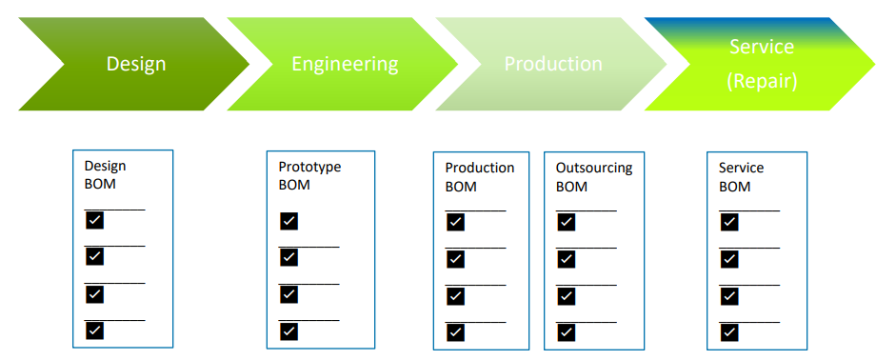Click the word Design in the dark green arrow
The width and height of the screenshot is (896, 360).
[136, 64]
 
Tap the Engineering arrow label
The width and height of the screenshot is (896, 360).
[345, 64]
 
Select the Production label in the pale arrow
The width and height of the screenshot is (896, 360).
[553, 64]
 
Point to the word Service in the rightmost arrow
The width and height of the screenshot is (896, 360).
[762, 47]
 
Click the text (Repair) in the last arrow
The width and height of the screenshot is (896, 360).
[762, 81]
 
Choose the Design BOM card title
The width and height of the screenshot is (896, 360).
[105, 175]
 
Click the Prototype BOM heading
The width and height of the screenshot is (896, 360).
[309, 176]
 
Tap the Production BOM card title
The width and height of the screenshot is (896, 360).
[480, 177]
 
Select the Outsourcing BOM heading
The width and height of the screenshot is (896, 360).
[594, 177]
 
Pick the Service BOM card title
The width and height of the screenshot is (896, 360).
[741, 177]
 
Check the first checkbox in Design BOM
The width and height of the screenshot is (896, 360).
[95, 220]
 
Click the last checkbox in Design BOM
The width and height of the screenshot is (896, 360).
[95, 330]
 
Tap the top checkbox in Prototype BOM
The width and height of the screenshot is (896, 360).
[289, 221]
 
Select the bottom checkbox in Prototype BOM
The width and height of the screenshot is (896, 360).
[289, 331]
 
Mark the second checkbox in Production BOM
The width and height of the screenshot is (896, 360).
[455, 259]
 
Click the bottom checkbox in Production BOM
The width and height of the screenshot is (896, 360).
[455, 332]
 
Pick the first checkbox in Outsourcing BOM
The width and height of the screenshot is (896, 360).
[567, 222]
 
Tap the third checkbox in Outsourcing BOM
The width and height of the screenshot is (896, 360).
[567, 296]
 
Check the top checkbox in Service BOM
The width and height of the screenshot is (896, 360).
[729, 222]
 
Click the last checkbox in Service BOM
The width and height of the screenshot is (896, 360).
[729, 332]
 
